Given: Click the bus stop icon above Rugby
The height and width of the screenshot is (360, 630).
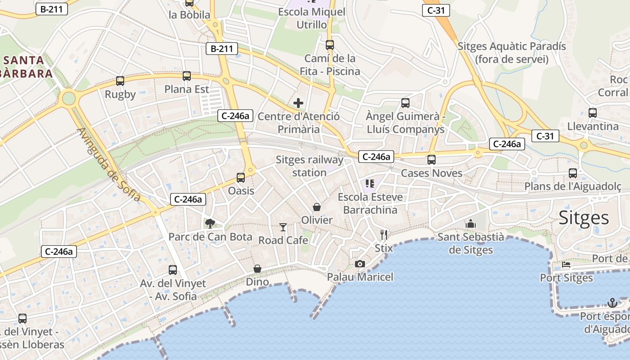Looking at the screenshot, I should [x=120, y=81].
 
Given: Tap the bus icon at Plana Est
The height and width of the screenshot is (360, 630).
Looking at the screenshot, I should [x=187, y=76].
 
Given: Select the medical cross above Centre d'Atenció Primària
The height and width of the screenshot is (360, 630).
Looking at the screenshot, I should [x=298, y=103].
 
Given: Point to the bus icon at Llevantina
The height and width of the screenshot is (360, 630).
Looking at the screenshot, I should [x=593, y=113].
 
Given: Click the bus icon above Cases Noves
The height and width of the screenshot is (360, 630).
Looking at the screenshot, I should [x=432, y=160].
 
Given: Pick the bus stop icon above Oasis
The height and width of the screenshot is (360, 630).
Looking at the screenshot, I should [x=241, y=178].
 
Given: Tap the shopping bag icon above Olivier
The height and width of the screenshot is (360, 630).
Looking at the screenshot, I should [x=317, y=207].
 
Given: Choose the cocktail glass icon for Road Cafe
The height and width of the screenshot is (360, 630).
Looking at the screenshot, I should [x=283, y=227].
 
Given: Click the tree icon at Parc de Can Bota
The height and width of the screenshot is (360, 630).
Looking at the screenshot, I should [x=210, y=223].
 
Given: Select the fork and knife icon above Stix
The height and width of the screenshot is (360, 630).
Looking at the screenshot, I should [x=384, y=234].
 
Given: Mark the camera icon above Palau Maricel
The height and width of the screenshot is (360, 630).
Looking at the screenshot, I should [x=360, y=264].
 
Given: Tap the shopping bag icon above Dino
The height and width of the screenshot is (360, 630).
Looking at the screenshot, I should [x=257, y=269].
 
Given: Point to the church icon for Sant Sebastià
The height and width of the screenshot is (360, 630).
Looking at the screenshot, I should [x=471, y=224].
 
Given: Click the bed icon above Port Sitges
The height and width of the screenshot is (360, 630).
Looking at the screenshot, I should [x=566, y=265].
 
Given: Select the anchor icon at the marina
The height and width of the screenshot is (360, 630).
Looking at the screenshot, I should [x=612, y=303].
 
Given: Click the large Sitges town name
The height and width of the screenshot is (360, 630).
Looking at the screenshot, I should [x=584, y=218].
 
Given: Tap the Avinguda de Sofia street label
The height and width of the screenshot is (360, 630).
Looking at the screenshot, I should [x=109, y=165].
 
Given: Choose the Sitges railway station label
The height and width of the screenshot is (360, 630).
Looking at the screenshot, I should [x=309, y=166].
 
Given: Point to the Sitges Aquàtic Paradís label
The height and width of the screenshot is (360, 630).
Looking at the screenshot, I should [x=512, y=53].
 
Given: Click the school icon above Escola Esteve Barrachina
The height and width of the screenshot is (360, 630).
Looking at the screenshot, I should [x=370, y=184].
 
